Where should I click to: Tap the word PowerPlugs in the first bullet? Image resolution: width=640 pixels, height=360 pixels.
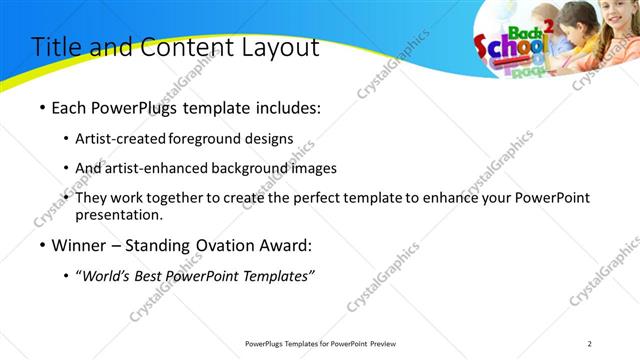click(x=132, y=108)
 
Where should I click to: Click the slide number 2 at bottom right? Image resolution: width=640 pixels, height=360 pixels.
click(x=589, y=344)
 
